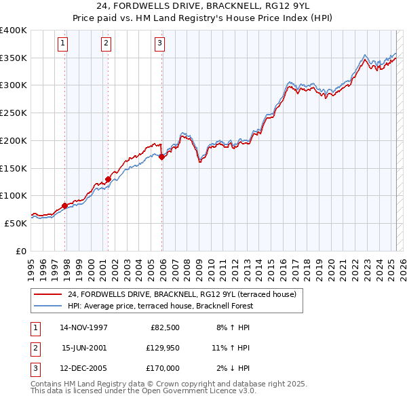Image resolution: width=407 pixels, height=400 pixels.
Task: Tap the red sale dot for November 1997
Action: click(x=65, y=205)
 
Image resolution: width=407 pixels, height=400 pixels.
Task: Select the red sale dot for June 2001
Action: click(x=108, y=179)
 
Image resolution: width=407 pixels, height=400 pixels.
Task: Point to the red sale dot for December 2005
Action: click(x=162, y=157)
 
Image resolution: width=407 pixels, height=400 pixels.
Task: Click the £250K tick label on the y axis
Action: click(x=14, y=113)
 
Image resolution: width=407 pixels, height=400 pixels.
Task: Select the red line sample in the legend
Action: click(x=47, y=294)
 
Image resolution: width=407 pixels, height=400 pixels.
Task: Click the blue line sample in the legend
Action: click(x=47, y=306)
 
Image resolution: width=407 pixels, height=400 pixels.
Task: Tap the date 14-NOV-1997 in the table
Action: click(x=84, y=327)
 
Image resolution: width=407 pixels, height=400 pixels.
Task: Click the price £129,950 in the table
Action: click(x=161, y=348)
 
